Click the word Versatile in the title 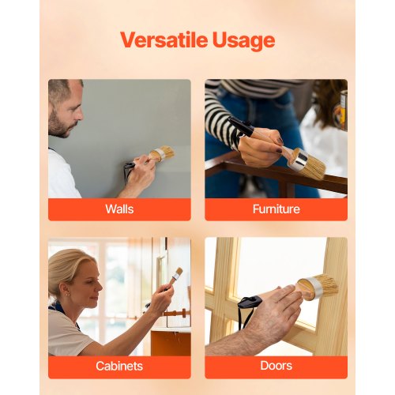click(164, 39)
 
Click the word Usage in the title click(243, 41)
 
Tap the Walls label click(119, 209)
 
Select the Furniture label click(276, 209)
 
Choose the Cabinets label click(119, 366)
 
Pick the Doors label click(276, 366)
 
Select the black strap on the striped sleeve click(241, 125)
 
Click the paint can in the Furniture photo click(343, 110)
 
